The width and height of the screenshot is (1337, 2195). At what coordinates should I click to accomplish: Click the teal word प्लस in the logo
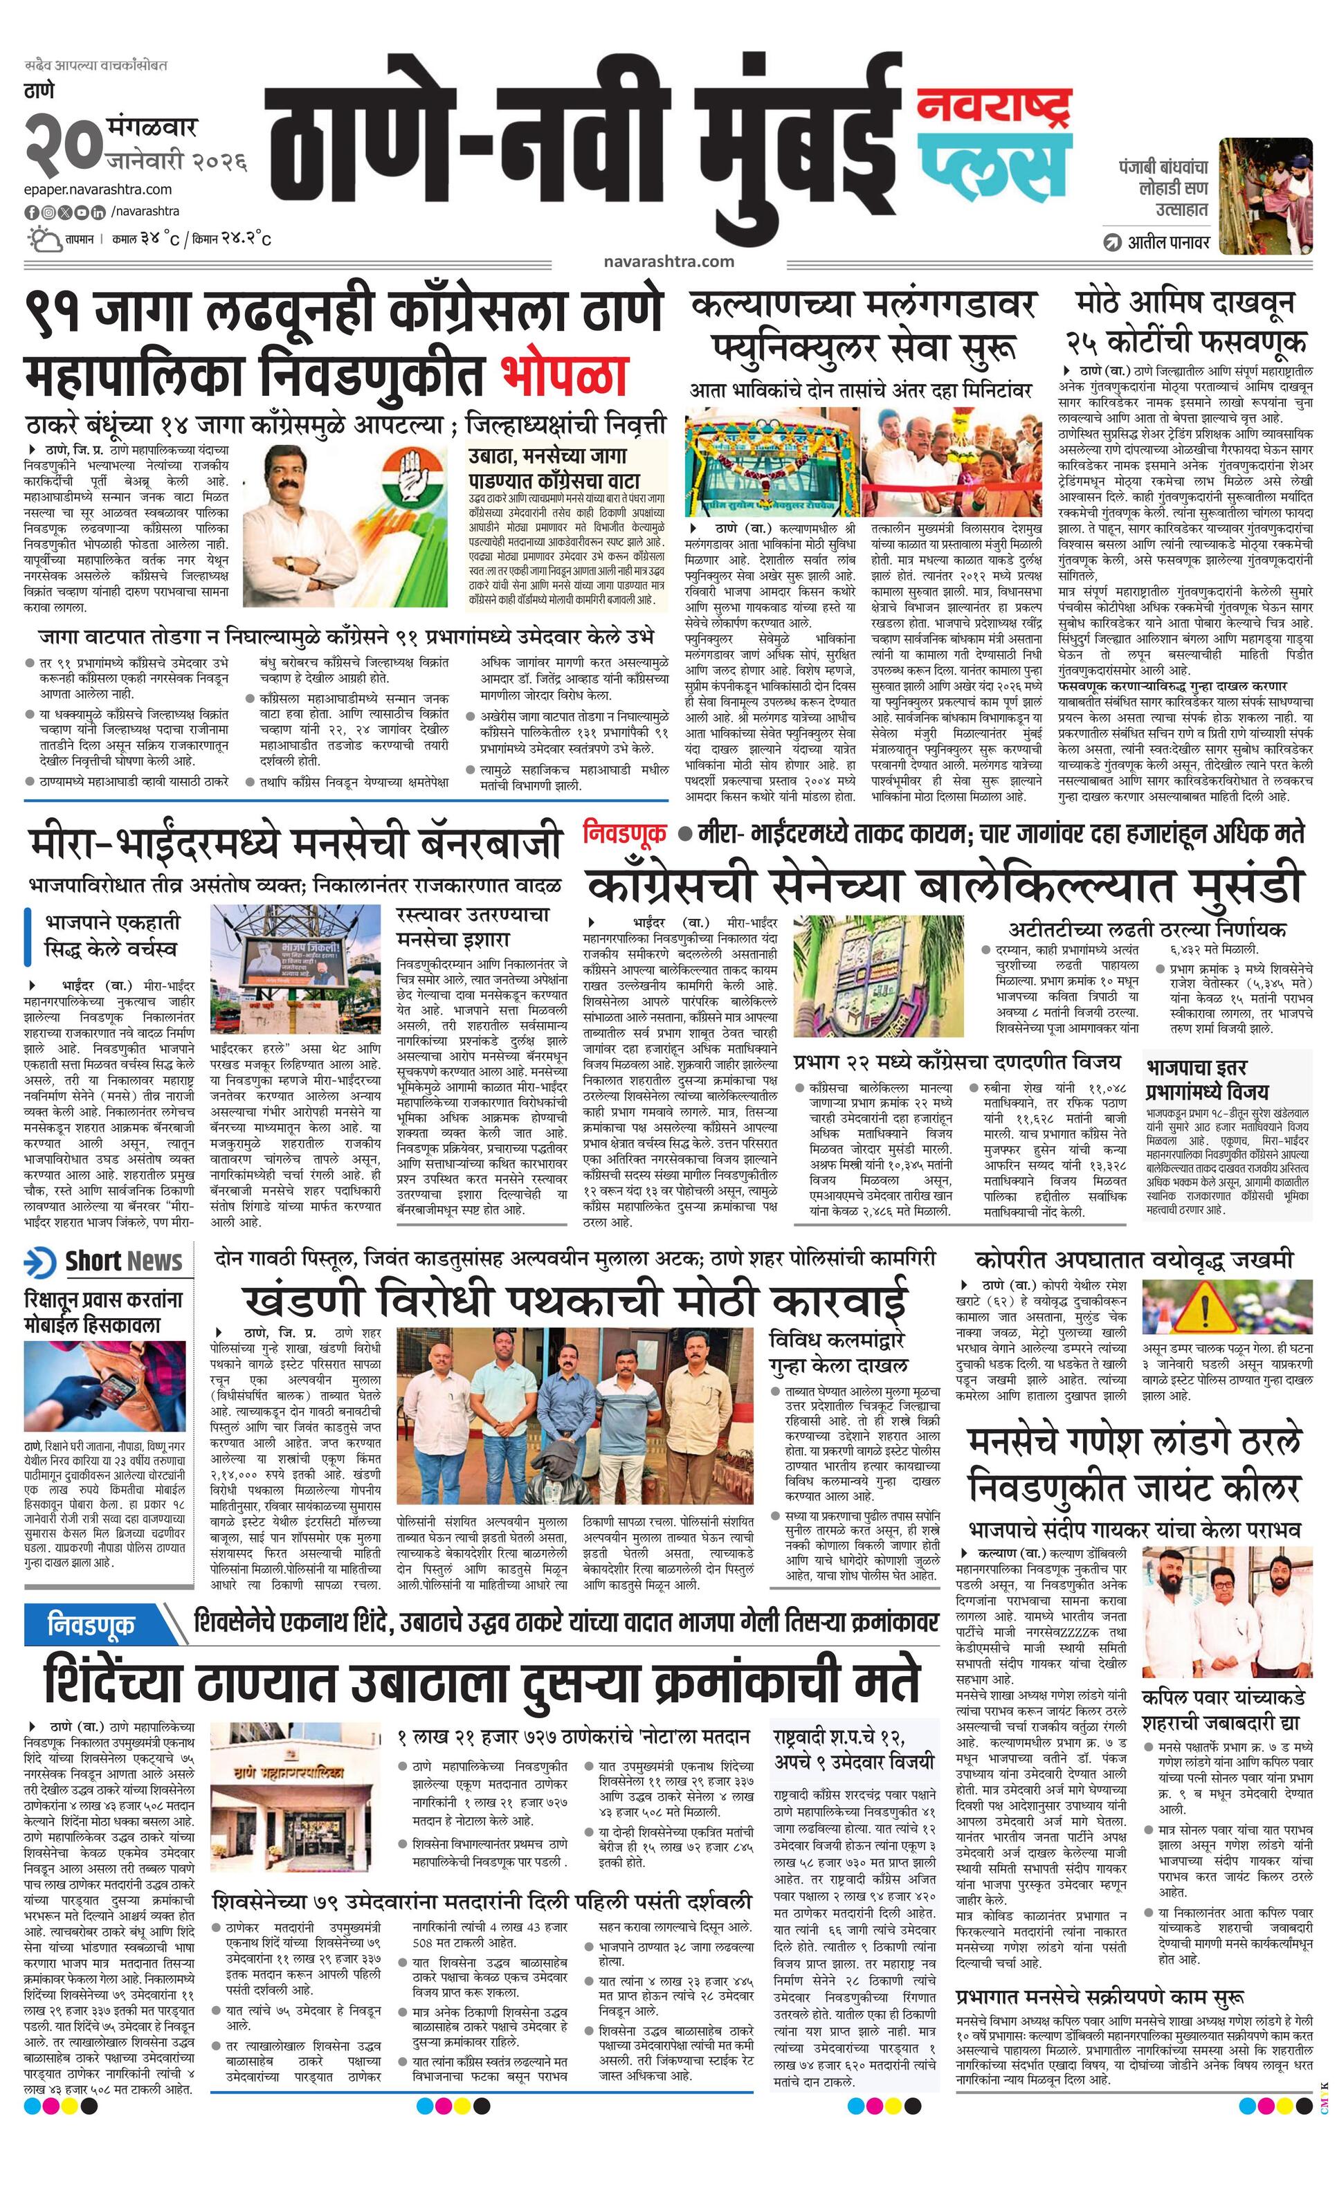click(994, 162)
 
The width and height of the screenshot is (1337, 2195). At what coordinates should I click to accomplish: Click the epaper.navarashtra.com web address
click(98, 189)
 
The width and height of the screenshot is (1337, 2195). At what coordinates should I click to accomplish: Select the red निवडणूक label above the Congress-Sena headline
click(624, 833)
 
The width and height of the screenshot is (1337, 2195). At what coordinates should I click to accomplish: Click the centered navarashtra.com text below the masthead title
click(668, 261)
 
